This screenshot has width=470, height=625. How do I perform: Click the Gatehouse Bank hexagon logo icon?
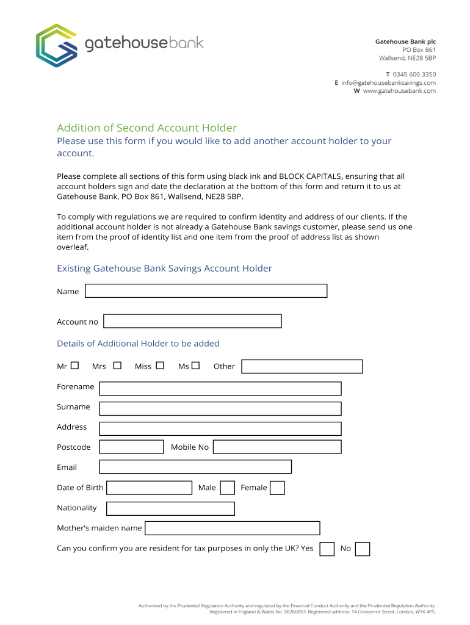pos(56,45)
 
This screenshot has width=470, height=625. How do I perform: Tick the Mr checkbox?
pos(74,366)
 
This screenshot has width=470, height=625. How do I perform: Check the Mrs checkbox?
pos(117,366)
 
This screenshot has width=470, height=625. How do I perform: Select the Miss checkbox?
pos(160,366)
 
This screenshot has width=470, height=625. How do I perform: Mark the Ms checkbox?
pos(195,366)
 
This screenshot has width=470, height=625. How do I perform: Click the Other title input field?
pos(302,366)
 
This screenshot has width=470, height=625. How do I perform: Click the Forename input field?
pos(220,388)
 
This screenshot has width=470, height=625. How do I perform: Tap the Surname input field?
pos(220,408)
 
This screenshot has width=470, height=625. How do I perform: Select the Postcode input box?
pos(131,447)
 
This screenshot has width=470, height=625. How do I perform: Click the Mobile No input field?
pos(277,447)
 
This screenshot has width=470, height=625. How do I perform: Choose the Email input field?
pos(195,467)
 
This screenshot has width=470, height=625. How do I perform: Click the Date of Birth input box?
pos(149,488)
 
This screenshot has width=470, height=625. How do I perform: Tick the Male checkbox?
pos(227,488)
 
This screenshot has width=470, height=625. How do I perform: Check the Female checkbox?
pos(277,488)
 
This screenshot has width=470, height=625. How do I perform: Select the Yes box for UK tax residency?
pos(327,549)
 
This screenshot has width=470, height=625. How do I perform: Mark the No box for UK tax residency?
pos(363,549)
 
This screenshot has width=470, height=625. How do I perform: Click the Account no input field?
pos(192,321)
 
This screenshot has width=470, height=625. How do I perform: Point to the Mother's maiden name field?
pos(232,528)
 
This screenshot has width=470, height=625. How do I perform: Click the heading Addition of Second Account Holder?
pos(146,128)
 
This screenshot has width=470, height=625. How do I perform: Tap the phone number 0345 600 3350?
pos(414,74)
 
